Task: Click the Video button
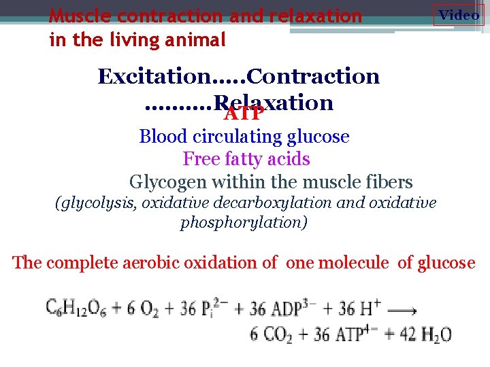click(x=459, y=15)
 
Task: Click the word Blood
click(x=163, y=137)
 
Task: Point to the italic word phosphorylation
click(x=243, y=223)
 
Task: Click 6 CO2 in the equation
click(x=270, y=334)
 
